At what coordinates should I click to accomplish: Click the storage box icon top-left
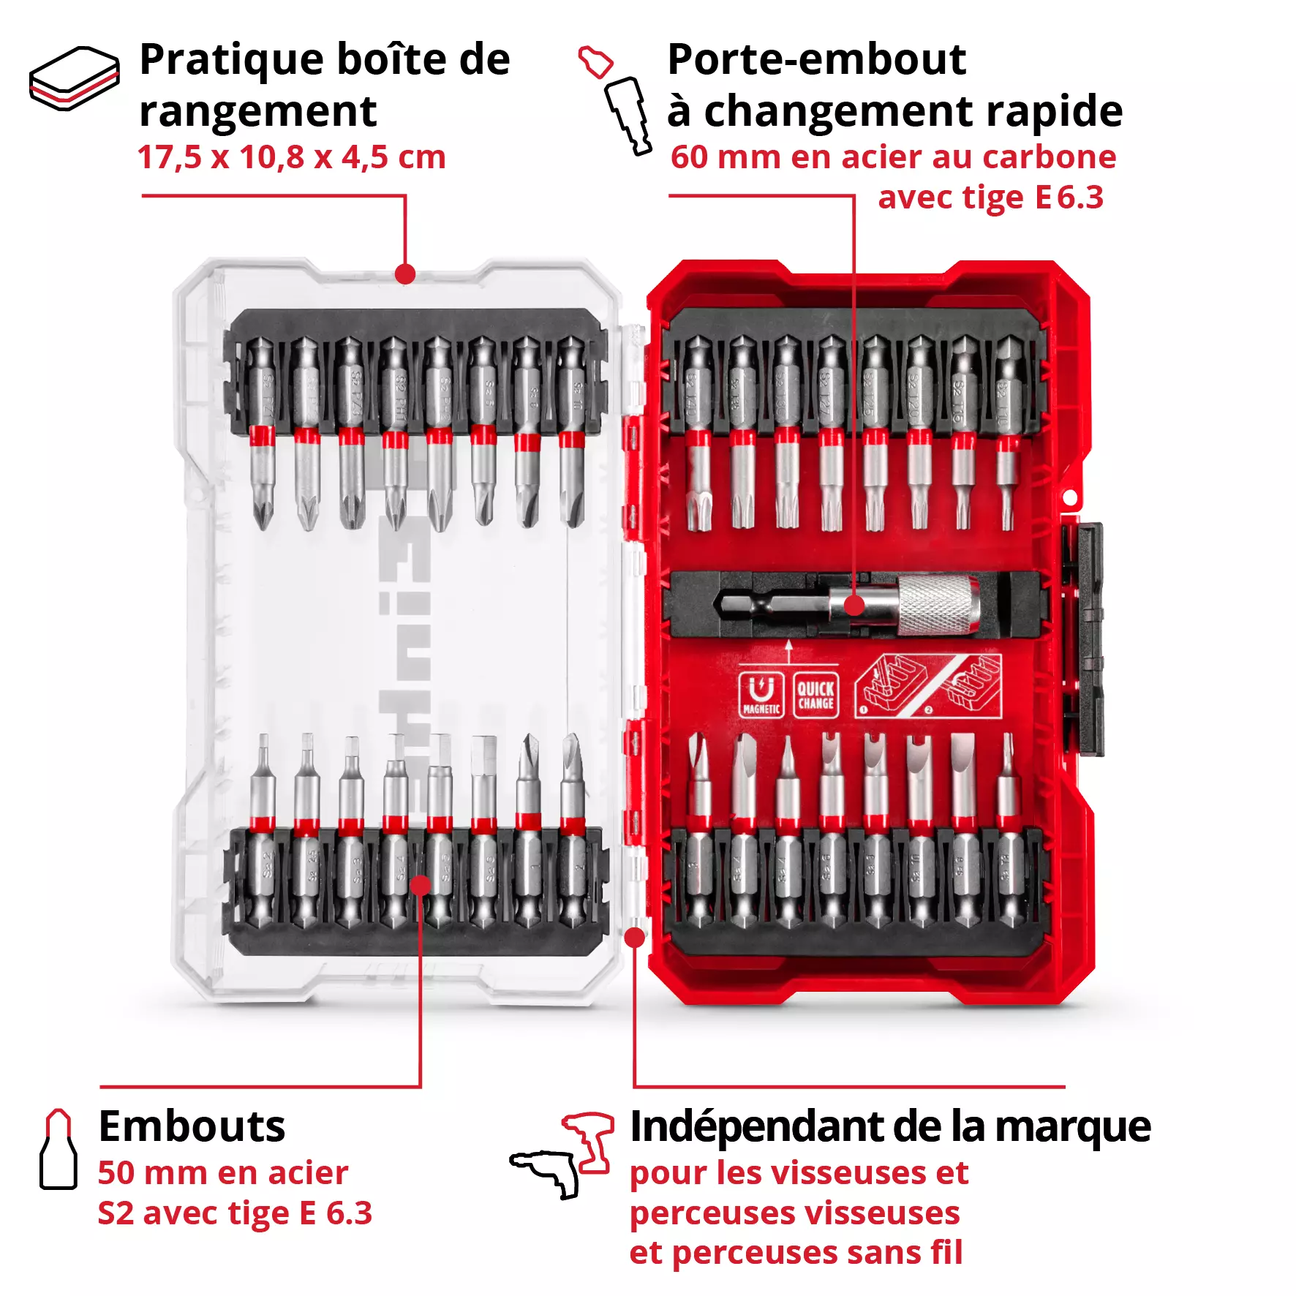74,78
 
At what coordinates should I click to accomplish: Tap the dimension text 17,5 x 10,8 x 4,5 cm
291,157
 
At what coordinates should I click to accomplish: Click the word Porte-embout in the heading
816,59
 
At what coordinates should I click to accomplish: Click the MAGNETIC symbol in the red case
761,694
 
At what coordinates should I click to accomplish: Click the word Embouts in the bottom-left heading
192,1126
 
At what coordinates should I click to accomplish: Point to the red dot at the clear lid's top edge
405,274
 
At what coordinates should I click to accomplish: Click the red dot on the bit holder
854,606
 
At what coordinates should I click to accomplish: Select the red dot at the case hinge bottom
635,937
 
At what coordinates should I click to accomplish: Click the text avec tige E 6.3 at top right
990,197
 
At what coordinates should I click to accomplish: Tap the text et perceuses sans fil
796,1252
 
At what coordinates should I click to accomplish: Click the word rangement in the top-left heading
257,112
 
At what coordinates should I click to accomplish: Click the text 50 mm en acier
222,1173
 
